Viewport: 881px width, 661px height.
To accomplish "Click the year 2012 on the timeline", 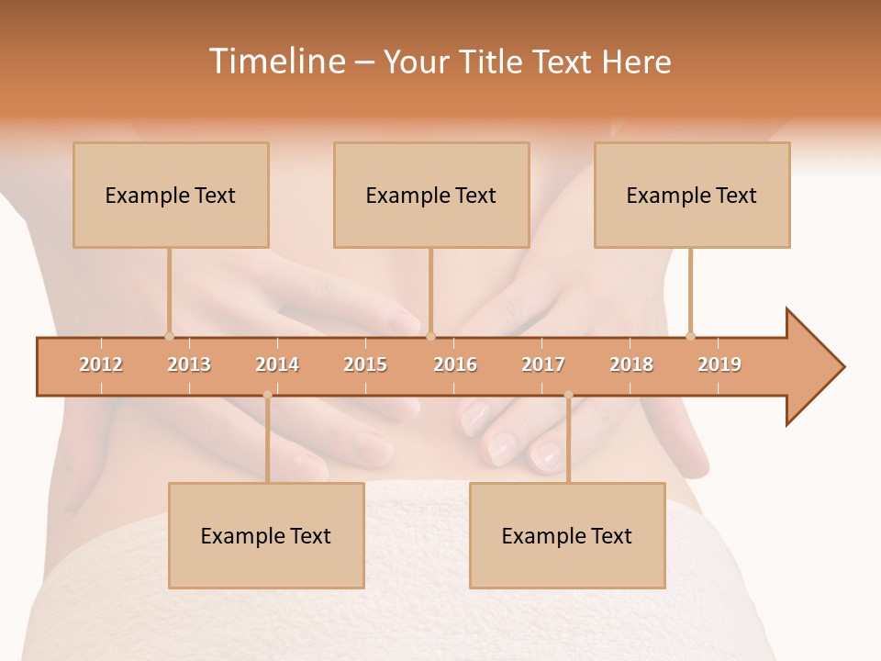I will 101,364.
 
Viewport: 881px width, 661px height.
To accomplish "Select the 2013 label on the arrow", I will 189,364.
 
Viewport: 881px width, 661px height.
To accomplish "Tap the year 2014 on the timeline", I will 277,364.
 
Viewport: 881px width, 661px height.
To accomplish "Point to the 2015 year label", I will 365,364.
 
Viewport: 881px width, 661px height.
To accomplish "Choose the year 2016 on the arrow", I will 455,364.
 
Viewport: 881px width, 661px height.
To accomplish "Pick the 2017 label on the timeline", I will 543,364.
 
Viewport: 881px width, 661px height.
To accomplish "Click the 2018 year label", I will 631,364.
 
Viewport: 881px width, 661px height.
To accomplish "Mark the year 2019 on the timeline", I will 719,364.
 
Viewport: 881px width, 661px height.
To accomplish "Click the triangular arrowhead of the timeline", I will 813,366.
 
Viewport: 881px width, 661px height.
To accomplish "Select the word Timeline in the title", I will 275,62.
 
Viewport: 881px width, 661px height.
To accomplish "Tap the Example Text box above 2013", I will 171,195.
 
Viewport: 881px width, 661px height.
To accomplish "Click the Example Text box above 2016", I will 431,195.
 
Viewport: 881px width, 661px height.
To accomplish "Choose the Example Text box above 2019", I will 692,195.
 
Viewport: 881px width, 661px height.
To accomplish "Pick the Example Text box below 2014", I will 266,535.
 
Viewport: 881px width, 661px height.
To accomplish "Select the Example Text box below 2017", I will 567,535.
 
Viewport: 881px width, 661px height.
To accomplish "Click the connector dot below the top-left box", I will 169,336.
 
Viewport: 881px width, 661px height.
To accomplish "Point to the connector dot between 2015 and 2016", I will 430,336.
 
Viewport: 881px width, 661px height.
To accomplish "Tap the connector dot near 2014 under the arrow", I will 267,395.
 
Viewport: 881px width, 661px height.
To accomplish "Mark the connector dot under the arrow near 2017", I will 568,395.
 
